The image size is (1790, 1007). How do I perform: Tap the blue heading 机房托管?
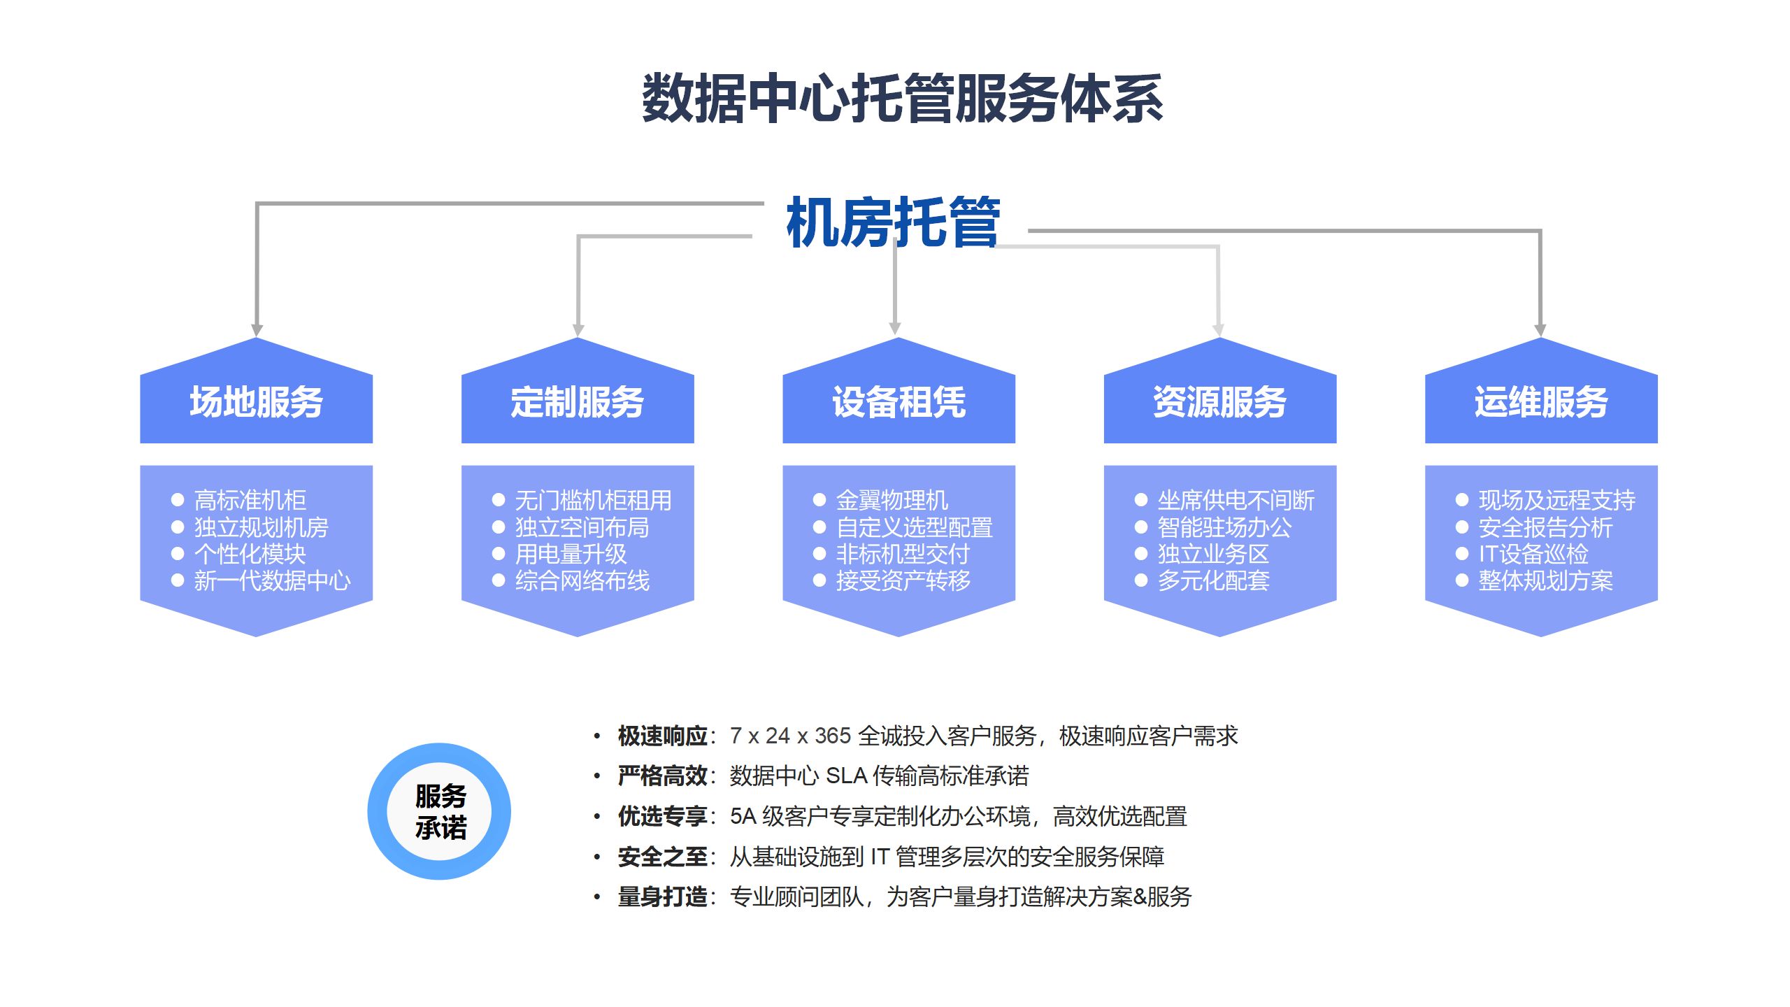point(894,222)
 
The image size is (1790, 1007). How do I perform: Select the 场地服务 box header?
point(256,402)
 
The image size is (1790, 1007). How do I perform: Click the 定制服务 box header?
point(578,402)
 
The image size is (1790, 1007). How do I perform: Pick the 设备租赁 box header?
point(898,402)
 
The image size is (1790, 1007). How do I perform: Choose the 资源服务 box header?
point(1219,402)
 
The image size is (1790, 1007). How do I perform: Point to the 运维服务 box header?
point(1541,402)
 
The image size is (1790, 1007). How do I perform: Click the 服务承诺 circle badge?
point(440,811)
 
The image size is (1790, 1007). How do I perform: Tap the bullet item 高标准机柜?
point(250,500)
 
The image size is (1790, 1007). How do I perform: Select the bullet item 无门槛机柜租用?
point(593,500)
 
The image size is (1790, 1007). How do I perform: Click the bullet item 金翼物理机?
point(892,500)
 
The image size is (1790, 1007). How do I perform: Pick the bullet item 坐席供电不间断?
point(1236,500)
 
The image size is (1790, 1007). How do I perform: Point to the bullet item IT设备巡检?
point(1533,554)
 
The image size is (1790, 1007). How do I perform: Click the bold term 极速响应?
point(662,736)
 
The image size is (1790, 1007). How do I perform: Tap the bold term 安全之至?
point(662,857)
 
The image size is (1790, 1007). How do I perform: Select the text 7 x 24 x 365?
point(790,736)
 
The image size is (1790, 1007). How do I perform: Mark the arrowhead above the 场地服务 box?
point(257,330)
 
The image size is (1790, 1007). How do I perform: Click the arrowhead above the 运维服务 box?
point(1540,330)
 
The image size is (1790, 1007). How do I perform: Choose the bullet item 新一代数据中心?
point(272,580)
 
